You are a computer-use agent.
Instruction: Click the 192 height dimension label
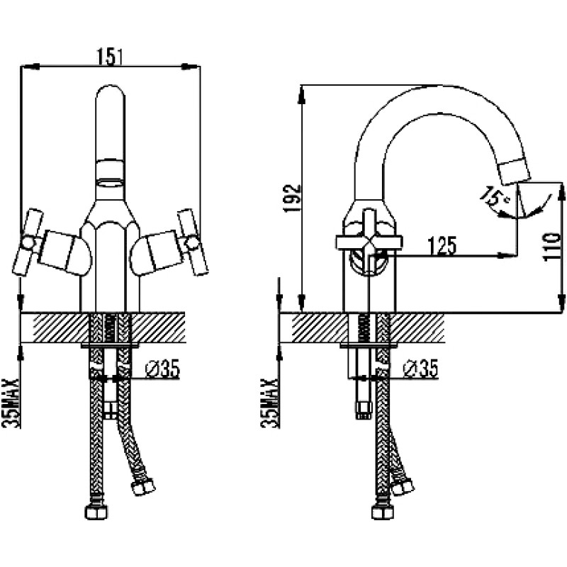coord(292,198)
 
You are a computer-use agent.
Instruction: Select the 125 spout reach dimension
coord(442,245)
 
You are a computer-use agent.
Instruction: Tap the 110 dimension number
coord(551,247)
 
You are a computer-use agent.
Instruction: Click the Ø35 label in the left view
coord(162,369)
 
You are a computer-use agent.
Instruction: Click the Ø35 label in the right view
coord(420,369)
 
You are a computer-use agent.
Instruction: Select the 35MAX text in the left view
coord(11,403)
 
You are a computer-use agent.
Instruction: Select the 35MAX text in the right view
coord(270,403)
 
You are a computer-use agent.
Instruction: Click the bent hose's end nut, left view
coord(144,486)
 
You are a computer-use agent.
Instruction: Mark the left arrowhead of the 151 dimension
coord(30,67)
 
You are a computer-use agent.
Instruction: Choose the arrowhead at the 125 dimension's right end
coord(505,255)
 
